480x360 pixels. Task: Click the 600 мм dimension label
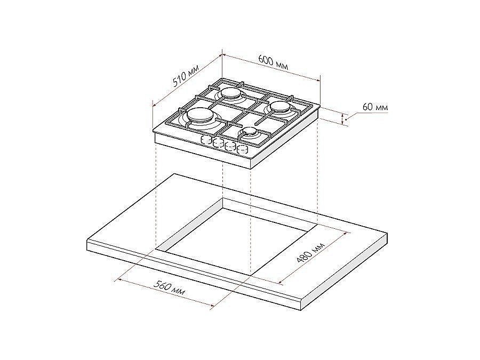click(273, 62)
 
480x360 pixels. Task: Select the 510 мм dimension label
click(186, 75)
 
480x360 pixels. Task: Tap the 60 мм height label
click(375, 107)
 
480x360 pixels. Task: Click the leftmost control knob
click(206, 140)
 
